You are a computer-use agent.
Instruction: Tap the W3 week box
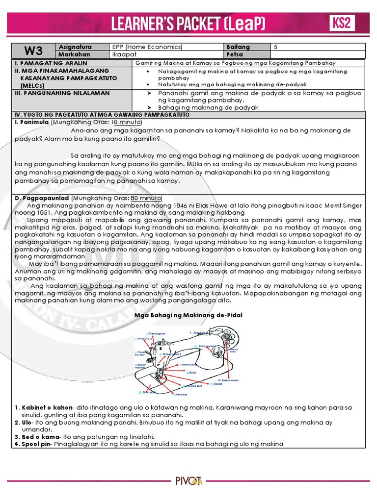(x=32, y=50)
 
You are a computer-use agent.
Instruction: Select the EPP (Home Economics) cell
(x=147, y=47)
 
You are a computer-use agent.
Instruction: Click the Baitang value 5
(x=276, y=47)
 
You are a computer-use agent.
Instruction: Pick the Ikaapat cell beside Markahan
(x=123, y=54)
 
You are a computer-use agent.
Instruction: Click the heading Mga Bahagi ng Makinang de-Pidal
(x=188, y=315)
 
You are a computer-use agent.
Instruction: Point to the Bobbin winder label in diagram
(x=227, y=380)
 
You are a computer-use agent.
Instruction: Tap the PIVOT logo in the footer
(x=189, y=480)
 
